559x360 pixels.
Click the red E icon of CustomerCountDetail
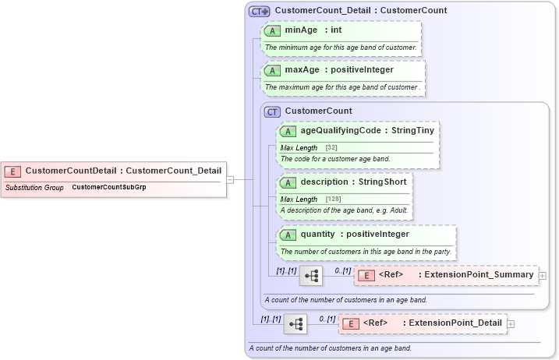click(x=13, y=171)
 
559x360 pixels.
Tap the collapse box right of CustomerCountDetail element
click(x=230, y=179)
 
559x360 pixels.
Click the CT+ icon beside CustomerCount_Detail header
click(x=259, y=12)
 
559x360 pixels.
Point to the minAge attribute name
click(x=302, y=30)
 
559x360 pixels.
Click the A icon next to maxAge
click(x=272, y=70)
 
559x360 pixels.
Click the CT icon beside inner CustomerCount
click(x=272, y=111)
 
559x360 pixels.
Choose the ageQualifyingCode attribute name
click(x=340, y=131)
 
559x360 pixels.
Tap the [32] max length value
click(x=331, y=148)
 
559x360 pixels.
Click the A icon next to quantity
click(x=288, y=235)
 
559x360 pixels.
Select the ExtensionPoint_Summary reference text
click(x=476, y=275)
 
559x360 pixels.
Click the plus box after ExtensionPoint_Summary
click(x=542, y=276)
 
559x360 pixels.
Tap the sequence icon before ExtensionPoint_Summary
click(x=311, y=276)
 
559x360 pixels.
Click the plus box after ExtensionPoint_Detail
click(x=511, y=324)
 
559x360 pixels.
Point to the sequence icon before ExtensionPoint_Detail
click(x=295, y=324)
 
